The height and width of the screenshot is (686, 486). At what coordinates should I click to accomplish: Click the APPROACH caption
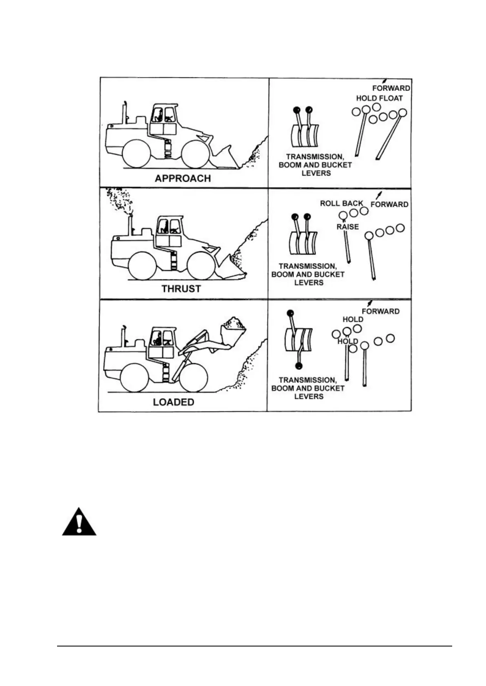coord(183,178)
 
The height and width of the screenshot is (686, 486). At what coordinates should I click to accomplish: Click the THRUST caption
coord(181,289)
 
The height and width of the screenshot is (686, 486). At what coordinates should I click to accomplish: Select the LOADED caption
coord(173,402)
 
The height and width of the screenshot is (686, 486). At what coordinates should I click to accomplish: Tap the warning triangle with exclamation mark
coord(80,523)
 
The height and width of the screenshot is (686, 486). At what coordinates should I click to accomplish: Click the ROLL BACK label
coord(341,203)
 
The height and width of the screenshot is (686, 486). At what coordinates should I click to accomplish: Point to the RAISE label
coord(347,227)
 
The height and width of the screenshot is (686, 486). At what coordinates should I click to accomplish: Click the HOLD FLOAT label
coord(379,98)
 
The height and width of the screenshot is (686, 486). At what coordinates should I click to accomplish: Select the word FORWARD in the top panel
coord(391,88)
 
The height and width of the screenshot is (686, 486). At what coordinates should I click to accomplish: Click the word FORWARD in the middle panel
coord(389,204)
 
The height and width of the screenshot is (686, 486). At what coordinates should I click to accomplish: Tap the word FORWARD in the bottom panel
coord(380,311)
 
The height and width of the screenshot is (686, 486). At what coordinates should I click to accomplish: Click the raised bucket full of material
coord(232,328)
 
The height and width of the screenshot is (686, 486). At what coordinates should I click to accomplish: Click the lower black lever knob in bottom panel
coord(299,365)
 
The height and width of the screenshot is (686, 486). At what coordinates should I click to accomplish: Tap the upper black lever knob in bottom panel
coord(290,313)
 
